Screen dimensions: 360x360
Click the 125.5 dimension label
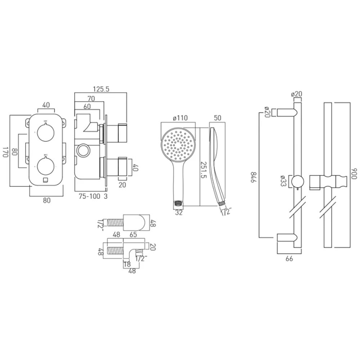click(101, 89)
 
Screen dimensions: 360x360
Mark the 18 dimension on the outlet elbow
click(127, 264)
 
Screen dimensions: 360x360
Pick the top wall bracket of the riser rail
click(287, 113)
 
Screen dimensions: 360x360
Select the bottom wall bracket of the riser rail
click(287, 238)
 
